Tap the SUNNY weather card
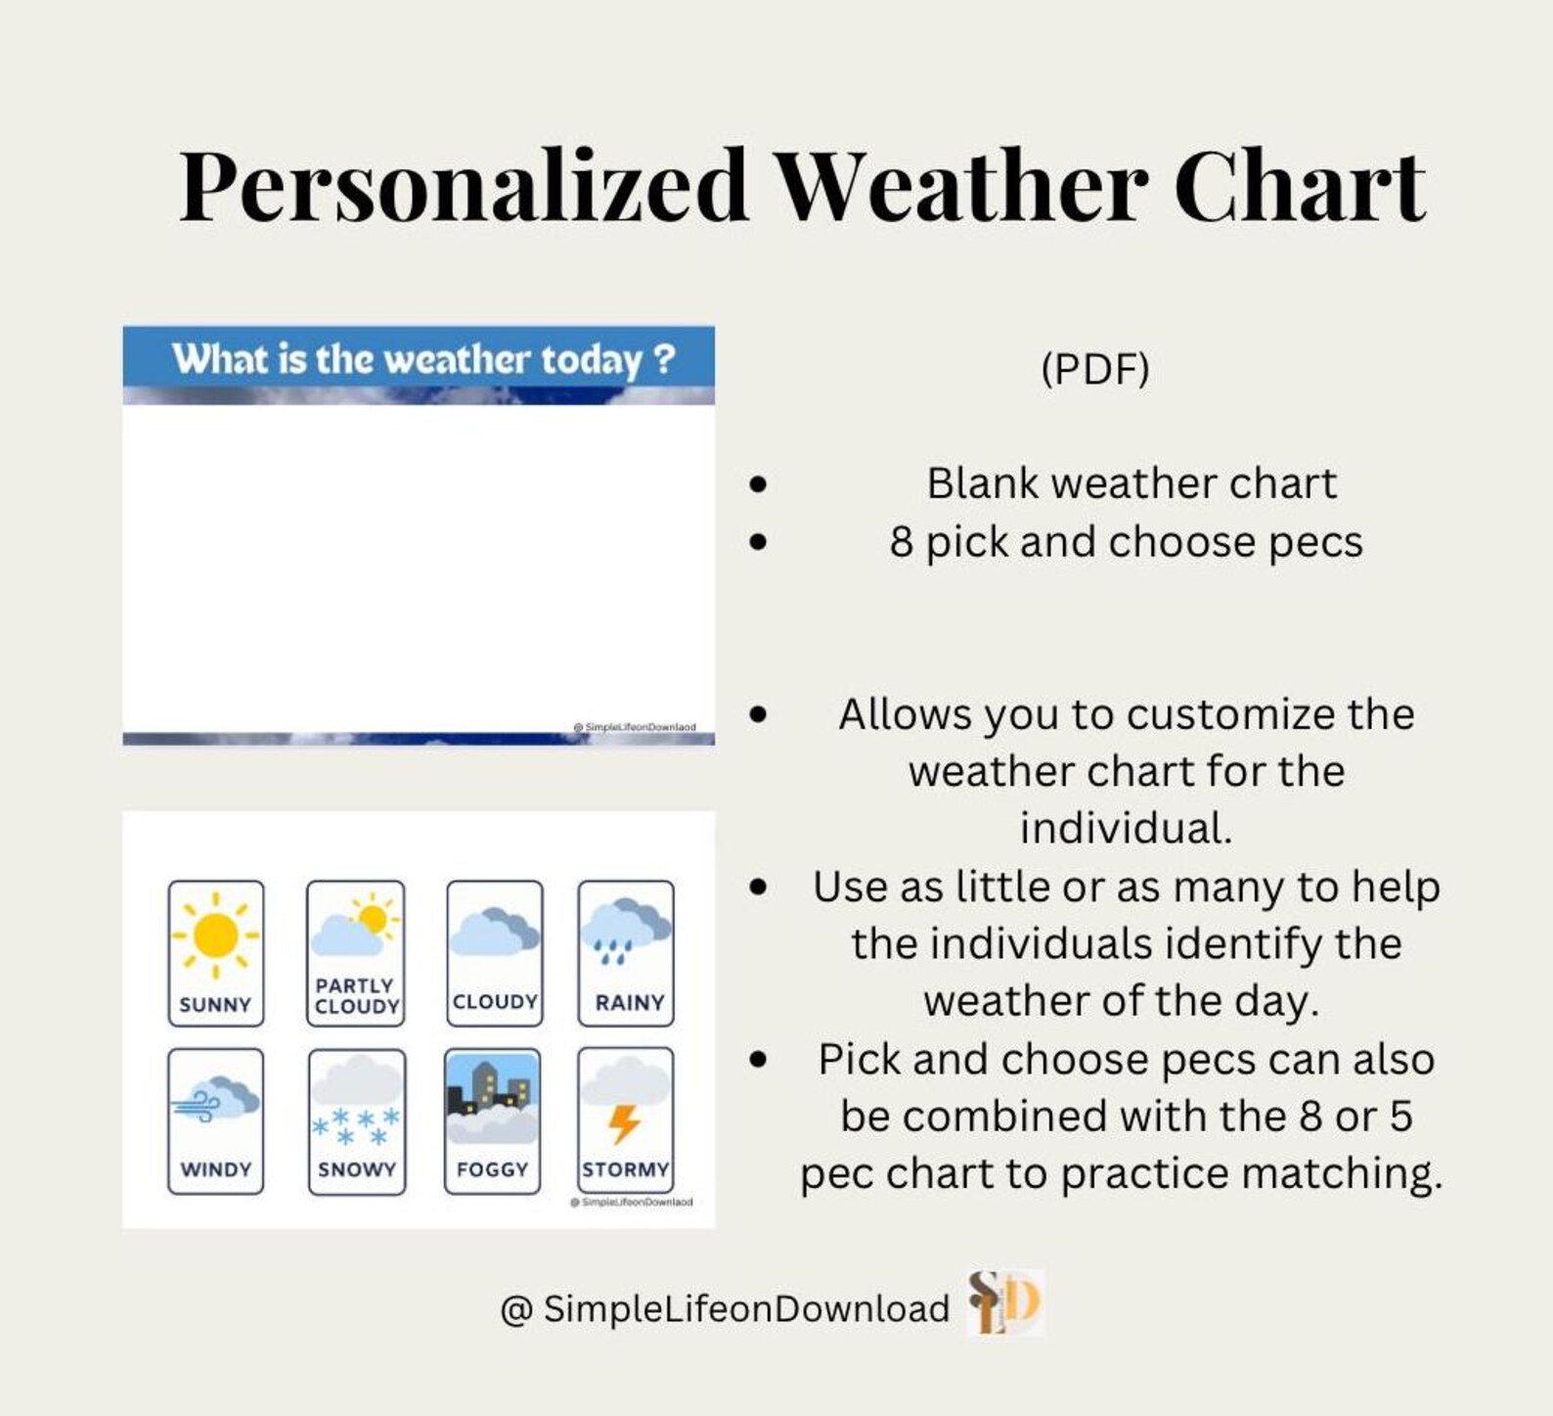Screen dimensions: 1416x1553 (x=215, y=953)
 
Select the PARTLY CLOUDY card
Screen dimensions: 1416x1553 (x=355, y=953)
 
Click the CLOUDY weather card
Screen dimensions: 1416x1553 (x=494, y=953)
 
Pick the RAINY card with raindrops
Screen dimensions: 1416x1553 (x=626, y=953)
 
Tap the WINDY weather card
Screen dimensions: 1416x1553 (x=215, y=1121)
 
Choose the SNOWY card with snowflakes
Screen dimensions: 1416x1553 (x=356, y=1121)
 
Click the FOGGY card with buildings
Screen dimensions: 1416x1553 (x=492, y=1121)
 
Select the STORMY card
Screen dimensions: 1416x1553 (x=626, y=1121)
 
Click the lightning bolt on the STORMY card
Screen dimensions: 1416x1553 (x=624, y=1123)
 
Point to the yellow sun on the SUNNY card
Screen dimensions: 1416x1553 (x=215, y=935)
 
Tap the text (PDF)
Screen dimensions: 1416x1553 (x=1094, y=369)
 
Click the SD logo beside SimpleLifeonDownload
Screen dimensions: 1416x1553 (x=1005, y=1303)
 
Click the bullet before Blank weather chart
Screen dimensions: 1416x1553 (x=758, y=483)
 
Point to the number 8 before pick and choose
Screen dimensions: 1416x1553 (x=901, y=542)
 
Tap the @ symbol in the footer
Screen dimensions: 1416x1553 (x=515, y=1309)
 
